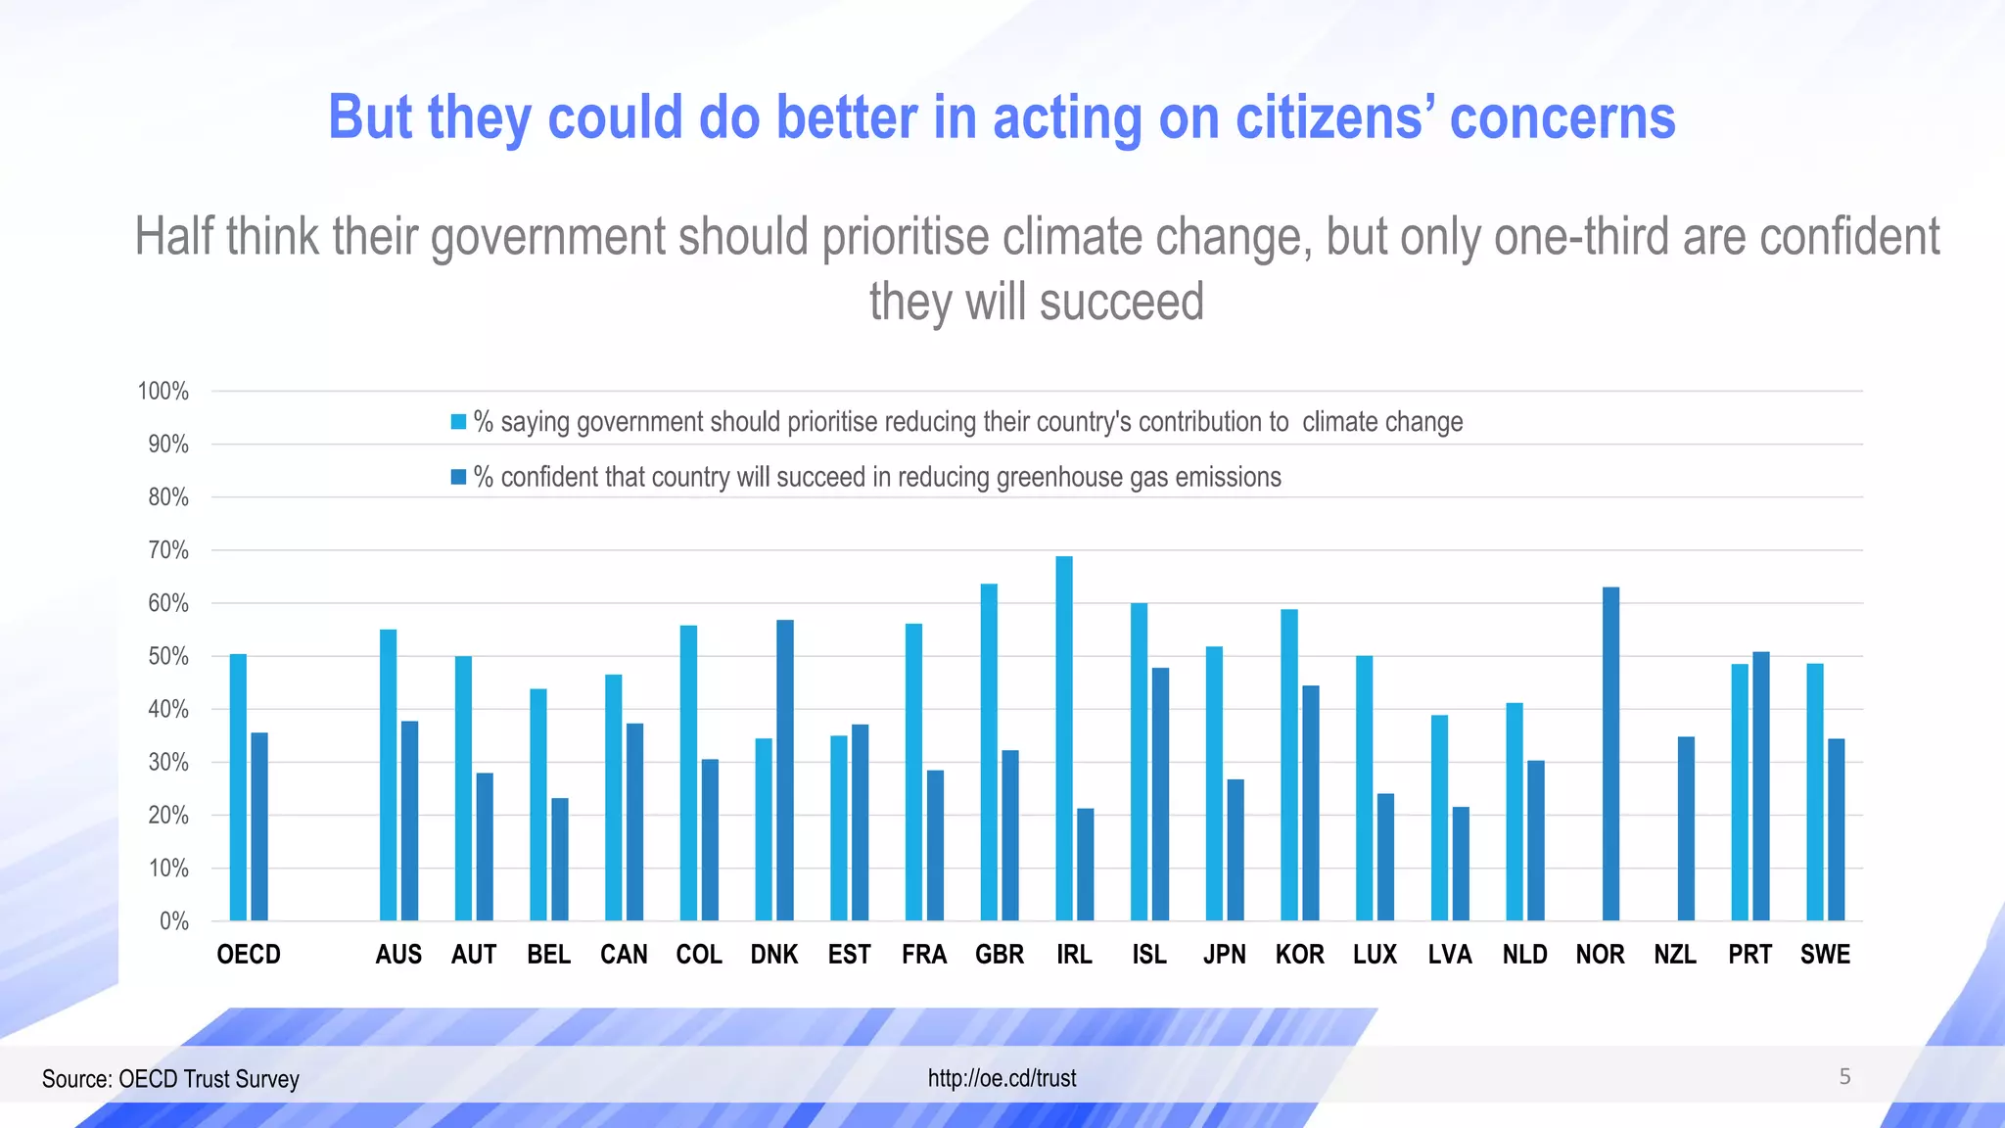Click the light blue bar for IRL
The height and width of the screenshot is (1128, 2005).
(x=1064, y=739)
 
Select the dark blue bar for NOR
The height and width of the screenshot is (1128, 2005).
(x=1610, y=754)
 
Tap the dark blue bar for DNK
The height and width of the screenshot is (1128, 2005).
(x=785, y=771)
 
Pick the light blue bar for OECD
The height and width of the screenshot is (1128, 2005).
(x=238, y=787)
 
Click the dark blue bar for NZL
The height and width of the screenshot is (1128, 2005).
(x=1686, y=828)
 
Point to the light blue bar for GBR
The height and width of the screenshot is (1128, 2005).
(x=989, y=752)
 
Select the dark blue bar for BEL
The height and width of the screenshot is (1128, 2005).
(x=560, y=860)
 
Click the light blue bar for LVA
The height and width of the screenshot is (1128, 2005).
(x=1439, y=818)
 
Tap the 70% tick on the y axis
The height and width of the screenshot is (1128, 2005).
(x=168, y=550)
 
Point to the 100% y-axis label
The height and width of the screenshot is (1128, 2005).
(x=163, y=392)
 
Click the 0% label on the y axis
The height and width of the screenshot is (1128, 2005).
(x=173, y=921)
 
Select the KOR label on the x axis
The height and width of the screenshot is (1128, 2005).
(x=1299, y=955)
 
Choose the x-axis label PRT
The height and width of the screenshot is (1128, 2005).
(x=1749, y=955)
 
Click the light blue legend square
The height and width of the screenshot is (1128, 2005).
(x=458, y=422)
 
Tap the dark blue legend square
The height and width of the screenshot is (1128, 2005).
(x=458, y=477)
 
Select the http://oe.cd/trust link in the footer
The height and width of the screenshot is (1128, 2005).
(x=1002, y=1078)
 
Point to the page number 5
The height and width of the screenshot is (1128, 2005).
(x=1844, y=1077)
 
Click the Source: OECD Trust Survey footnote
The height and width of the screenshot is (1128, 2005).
(x=170, y=1079)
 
